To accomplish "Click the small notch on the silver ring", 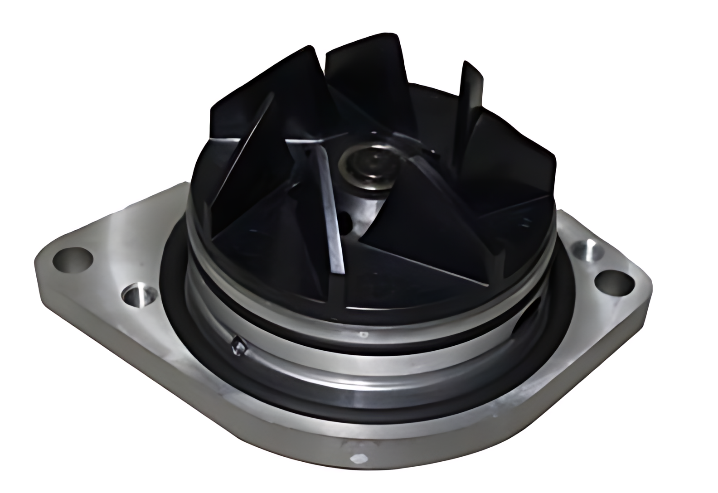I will coord(238,346).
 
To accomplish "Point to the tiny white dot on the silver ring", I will coord(363,336).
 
